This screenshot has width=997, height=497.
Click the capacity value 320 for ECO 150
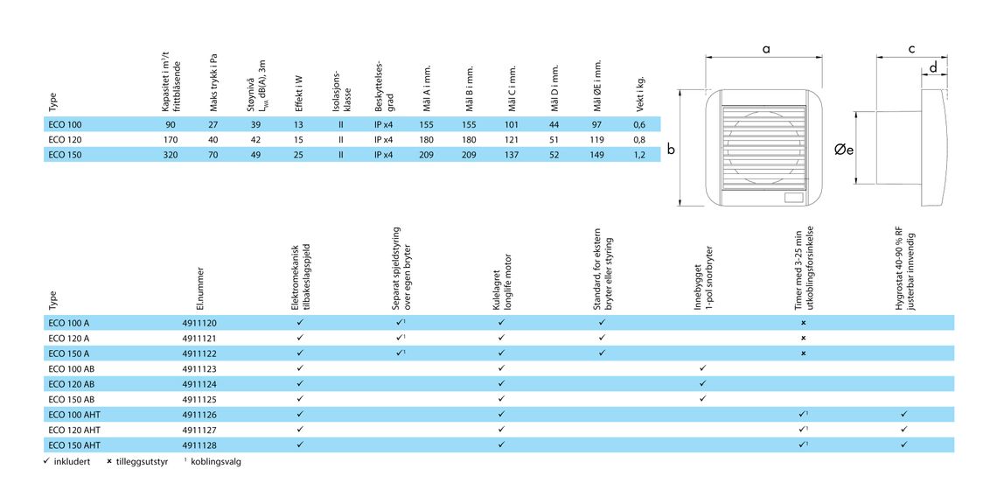170,155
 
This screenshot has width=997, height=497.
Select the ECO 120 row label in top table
65,139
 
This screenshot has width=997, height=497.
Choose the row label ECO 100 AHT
71,414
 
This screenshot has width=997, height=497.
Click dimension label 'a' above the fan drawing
766,48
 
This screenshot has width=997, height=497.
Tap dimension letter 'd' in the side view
933,67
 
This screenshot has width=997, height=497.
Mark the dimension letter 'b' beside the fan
670,150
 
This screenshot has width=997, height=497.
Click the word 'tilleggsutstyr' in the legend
146,462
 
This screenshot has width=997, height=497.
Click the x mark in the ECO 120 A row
803,338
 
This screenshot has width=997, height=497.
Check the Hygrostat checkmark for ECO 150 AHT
903,444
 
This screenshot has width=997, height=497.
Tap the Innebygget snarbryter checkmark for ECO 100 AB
702,368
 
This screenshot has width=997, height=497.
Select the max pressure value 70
213,155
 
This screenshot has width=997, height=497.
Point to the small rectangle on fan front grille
793,197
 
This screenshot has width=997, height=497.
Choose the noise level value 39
256,124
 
